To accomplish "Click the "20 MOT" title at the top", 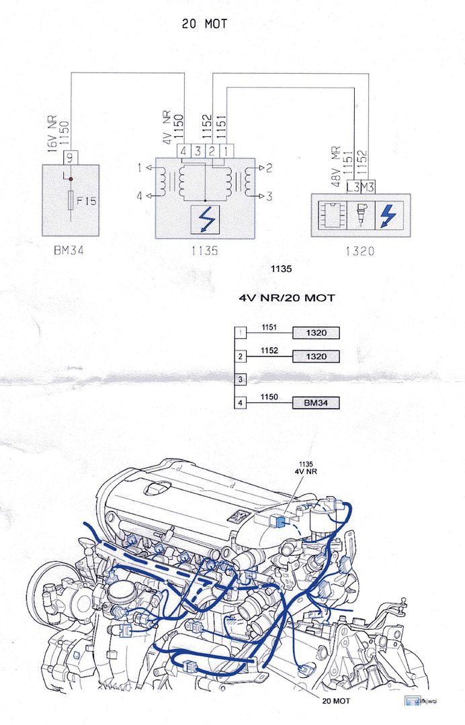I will [x=204, y=24].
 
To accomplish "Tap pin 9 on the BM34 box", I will [x=71, y=157].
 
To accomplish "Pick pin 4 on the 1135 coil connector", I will [x=183, y=151].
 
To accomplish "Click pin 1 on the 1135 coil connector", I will [x=229, y=151].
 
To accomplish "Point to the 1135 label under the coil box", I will [x=205, y=252].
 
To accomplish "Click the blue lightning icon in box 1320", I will [x=388, y=214].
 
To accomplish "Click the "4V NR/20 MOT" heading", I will [x=287, y=298].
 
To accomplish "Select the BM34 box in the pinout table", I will [x=315, y=403].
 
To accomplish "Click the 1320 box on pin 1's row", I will [x=315, y=332].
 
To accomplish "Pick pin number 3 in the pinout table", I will [x=241, y=380].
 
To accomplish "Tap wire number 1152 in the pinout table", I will [x=269, y=350].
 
